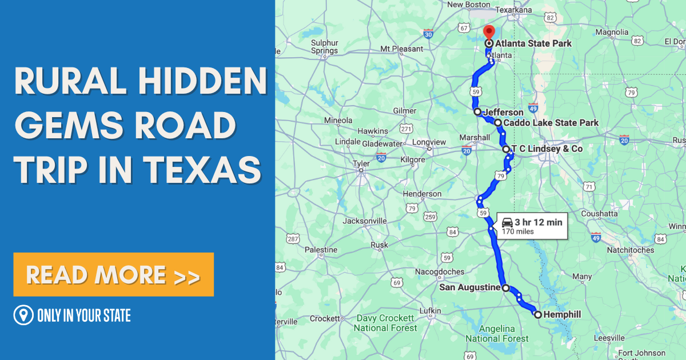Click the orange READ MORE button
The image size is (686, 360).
click(113, 275)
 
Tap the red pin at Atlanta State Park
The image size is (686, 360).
click(489, 32)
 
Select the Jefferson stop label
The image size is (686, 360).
click(503, 113)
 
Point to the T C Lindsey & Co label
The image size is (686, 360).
click(547, 149)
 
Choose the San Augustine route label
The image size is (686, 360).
click(469, 287)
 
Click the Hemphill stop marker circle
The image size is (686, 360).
click(538, 314)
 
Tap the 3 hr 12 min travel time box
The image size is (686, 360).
click(532, 226)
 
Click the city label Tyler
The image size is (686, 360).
click(361, 164)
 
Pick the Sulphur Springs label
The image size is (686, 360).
click(324, 47)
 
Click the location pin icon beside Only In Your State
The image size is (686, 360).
click(23, 315)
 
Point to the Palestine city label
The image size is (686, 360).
click(321, 250)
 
